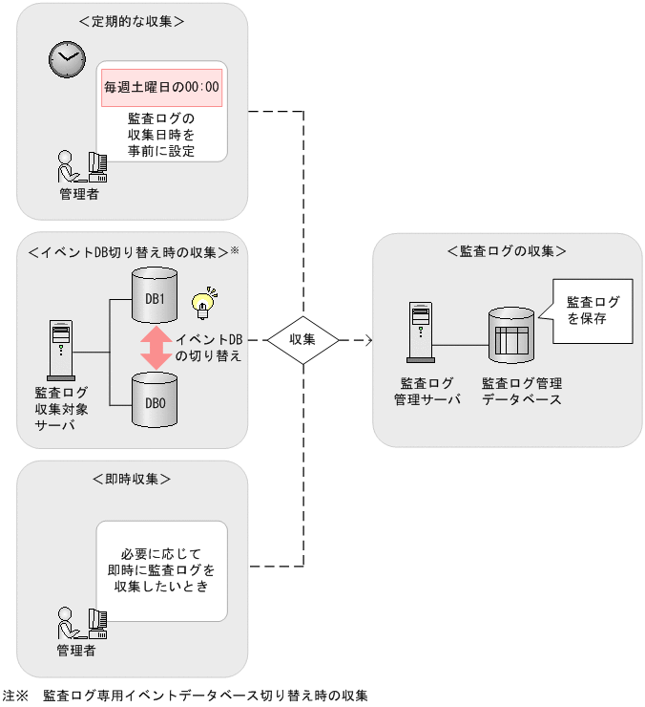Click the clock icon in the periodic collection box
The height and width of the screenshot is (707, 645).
pos(66,60)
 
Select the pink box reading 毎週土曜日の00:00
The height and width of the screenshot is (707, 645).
pos(161,87)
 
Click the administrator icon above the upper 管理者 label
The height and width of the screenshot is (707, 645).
pos(81,167)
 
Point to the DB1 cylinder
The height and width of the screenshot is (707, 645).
pos(155,297)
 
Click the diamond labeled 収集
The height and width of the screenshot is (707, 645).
pos(302,339)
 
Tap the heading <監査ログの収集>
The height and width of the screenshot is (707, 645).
pos(507,251)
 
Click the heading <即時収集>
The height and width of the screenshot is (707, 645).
pos(133,479)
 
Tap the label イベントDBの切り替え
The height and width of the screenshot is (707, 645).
pos(209,348)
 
